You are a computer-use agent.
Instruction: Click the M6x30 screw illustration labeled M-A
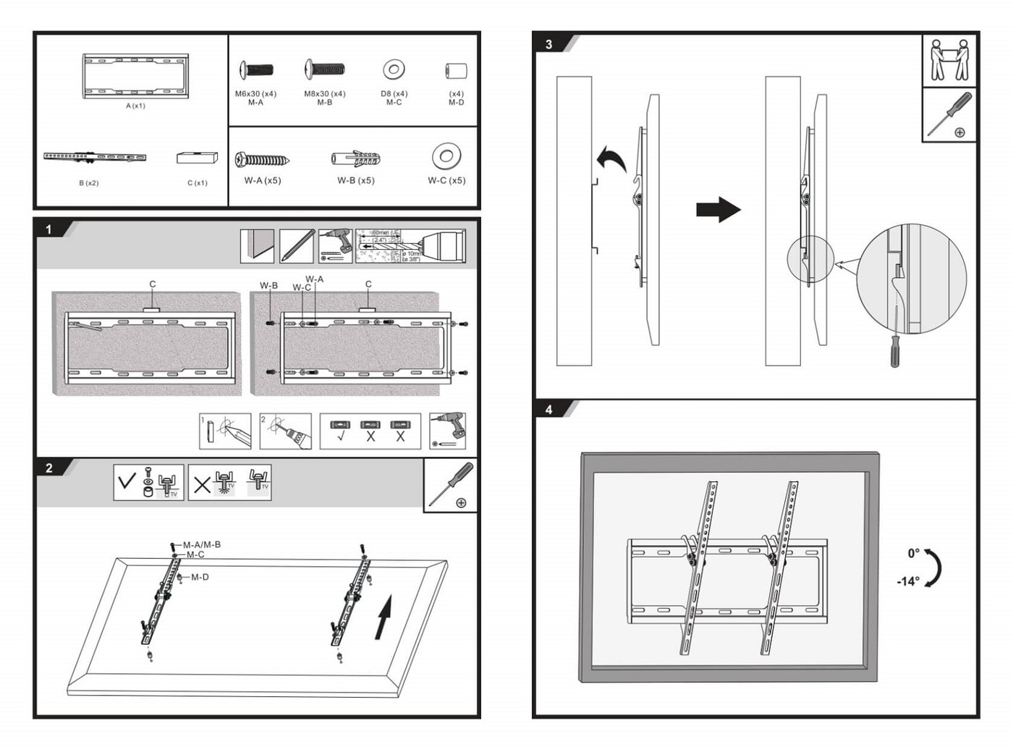pyautogui.click(x=256, y=70)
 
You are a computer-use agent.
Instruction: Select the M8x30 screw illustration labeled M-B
pyautogui.click(x=324, y=69)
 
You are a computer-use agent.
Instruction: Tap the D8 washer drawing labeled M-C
pyautogui.click(x=394, y=70)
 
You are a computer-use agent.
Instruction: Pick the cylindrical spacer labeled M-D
pyautogui.click(x=456, y=71)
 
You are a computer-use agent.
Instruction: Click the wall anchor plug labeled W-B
pyautogui.click(x=356, y=159)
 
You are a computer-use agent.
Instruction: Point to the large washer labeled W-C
pyautogui.click(x=446, y=156)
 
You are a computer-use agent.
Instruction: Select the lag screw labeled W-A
pyautogui.click(x=262, y=159)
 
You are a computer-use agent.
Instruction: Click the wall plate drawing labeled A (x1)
pyautogui.click(x=135, y=75)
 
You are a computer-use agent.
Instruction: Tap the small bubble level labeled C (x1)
pyautogui.click(x=197, y=157)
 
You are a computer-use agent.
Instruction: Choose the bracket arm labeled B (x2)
pyautogui.click(x=95, y=156)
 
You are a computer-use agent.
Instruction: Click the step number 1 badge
pyautogui.click(x=49, y=229)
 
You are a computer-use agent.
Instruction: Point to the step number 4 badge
pyautogui.click(x=548, y=410)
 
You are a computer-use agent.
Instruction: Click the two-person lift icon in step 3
pyautogui.click(x=949, y=60)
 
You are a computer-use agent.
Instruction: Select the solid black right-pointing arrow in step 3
pyautogui.click(x=718, y=210)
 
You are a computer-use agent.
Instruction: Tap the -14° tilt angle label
pyautogui.click(x=908, y=581)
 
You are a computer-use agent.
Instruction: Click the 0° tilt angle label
pyautogui.click(x=913, y=553)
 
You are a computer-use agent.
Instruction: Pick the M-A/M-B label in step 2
pyautogui.click(x=201, y=544)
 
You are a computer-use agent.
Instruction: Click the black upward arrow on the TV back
pyautogui.click(x=383, y=617)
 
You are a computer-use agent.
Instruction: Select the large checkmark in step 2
pyautogui.click(x=127, y=481)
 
